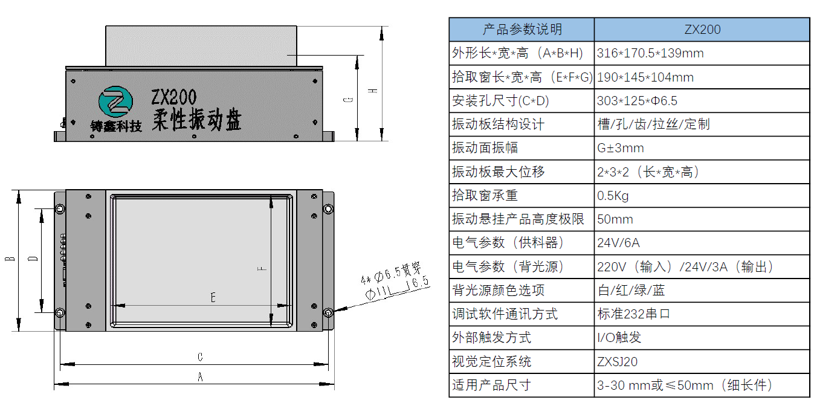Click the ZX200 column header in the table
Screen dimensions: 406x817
point(702,29)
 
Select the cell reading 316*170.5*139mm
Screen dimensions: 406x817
point(650,53)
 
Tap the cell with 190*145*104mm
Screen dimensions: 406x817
point(645,77)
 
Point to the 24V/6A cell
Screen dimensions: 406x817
point(618,243)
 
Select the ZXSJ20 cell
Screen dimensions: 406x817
point(617,362)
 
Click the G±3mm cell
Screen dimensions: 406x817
point(620,148)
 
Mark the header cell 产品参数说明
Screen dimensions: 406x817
point(522,29)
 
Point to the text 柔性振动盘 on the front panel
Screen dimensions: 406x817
point(196,120)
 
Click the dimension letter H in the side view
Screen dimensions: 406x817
point(374,90)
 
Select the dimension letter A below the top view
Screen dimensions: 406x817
point(201,377)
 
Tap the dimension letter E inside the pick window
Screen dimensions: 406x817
point(213,297)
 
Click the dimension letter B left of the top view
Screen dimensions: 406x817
point(10,260)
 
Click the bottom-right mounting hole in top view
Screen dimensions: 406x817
point(327,312)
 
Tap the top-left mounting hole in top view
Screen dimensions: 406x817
point(60,209)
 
